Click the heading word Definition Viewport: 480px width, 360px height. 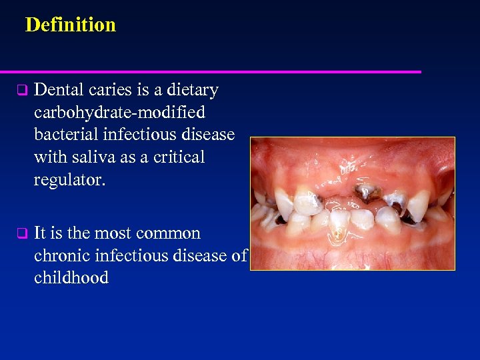pos(70,25)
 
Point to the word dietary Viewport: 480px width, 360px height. pos(192,90)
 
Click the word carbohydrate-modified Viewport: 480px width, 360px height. pos(119,112)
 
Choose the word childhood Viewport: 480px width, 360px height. pos(71,279)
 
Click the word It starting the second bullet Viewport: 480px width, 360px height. pos(39,233)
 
